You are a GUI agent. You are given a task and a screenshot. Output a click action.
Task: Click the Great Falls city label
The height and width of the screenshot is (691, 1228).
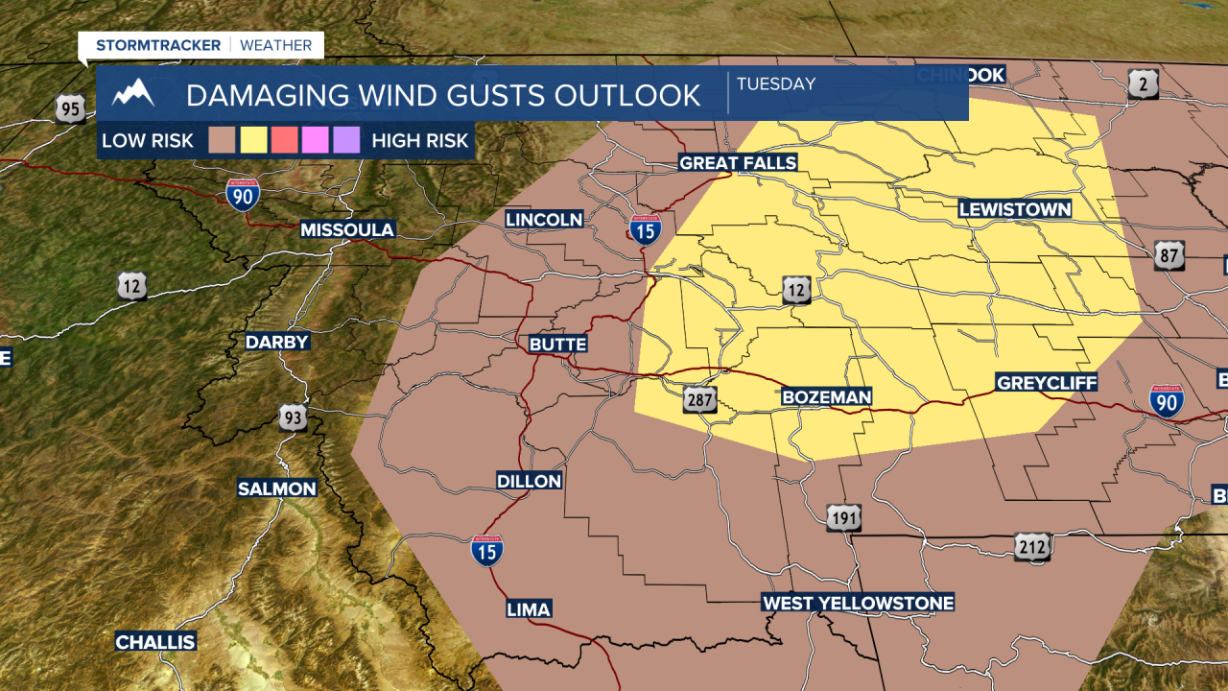pos(738,163)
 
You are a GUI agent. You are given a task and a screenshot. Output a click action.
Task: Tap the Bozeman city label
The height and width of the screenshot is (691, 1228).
pos(826,396)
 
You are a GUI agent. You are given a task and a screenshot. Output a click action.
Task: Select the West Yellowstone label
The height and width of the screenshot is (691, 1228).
pos(858,603)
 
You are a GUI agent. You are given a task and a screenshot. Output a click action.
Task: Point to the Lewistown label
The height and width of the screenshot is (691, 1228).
pos(1015,209)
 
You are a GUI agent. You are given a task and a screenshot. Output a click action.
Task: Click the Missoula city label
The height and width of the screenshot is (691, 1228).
pos(347,229)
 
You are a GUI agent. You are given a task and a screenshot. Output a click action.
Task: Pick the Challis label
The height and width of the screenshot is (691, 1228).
pos(155,642)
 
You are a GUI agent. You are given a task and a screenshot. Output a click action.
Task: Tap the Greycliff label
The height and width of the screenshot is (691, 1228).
pos(1046,383)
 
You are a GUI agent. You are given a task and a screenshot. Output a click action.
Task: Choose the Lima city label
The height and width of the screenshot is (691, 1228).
pos(529,609)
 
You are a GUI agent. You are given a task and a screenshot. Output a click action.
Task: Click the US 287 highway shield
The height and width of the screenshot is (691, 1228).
pos(700,399)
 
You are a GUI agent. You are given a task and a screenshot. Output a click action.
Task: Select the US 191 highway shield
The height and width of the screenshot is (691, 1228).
pos(844,518)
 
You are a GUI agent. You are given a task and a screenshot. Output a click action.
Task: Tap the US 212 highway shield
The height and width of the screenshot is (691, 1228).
pos(1032,547)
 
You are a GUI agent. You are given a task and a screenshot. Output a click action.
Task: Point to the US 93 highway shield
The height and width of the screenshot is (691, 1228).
pos(294,417)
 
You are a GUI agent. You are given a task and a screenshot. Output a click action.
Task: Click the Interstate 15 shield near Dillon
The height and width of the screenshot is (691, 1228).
pos(488,550)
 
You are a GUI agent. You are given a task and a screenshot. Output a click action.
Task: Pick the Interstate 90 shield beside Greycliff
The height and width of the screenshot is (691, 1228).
pos(1167,400)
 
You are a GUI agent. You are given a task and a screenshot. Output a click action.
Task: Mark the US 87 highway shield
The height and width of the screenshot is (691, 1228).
pos(1169,255)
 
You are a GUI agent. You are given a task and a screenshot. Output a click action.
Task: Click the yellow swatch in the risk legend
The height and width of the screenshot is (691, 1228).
pos(253,141)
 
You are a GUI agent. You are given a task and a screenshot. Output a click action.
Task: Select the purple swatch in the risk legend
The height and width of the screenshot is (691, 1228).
pos(346,141)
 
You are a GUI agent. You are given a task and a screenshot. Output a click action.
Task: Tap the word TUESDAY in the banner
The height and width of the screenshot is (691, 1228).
pos(776,83)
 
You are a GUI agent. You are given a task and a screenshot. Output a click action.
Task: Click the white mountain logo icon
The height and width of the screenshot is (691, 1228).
pos(133,94)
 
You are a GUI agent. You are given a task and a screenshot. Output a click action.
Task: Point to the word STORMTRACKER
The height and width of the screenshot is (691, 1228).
pos(158,45)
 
